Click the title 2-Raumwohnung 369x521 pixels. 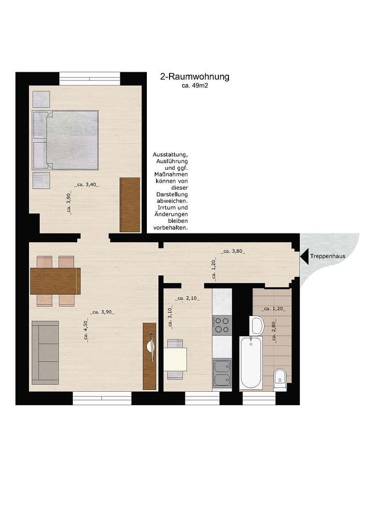tap(194, 77)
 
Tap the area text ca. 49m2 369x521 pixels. tap(194, 86)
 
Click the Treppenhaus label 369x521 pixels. tap(327, 256)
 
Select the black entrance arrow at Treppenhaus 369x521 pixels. tap(304, 256)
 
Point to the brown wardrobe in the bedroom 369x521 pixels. tap(130, 205)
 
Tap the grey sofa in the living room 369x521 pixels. tap(45, 352)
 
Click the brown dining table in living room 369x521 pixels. tap(55, 281)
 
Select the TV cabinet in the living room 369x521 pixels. tap(150, 356)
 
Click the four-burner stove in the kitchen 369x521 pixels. tap(222, 325)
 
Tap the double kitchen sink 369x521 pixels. tap(222, 374)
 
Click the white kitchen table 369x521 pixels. tap(174, 359)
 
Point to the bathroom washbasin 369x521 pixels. tap(256, 326)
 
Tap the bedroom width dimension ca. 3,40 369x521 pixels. tap(86, 184)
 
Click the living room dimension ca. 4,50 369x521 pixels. tap(85, 331)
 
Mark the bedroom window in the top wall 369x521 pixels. tap(90, 78)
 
